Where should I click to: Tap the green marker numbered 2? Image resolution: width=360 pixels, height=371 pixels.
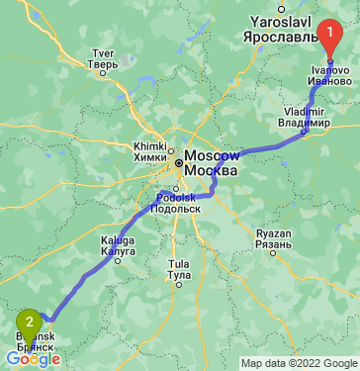(31, 322)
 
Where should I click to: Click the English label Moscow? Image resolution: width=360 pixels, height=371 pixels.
(213, 156)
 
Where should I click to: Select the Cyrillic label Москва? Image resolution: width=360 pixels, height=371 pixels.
(211, 171)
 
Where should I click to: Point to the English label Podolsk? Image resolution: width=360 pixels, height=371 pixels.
(177, 197)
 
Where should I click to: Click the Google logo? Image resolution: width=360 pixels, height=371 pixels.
(32, 359)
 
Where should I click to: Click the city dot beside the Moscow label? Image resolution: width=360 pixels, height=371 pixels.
(179, 162)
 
